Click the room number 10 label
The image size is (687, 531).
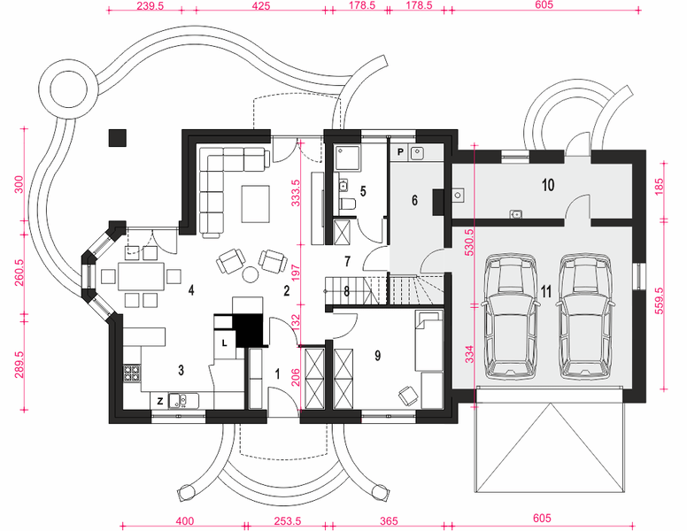point(548,185)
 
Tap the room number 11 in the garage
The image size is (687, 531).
point(546,291)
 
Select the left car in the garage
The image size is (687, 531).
point(511,316)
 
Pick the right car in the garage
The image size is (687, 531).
point(585,316)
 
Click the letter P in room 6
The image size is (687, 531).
point(400,152)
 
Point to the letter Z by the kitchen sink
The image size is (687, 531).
point(160,401)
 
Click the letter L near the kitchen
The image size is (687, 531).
point(224,343)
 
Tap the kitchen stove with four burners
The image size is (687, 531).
point(131,373)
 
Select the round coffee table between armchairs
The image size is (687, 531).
point(251,274)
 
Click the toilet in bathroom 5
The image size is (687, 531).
point(348,204)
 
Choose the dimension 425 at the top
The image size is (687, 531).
point(261,6)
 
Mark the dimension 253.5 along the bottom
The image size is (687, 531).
point(288,521)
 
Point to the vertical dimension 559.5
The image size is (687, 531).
point(660,301)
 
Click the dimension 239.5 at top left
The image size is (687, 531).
point(151,6)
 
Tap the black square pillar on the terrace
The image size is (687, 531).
point(118,137)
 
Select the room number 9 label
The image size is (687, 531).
point(378,356)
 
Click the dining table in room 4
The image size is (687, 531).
point(141,276)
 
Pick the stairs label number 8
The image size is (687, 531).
point(346,291)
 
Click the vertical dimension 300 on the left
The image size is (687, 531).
point(19,185)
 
